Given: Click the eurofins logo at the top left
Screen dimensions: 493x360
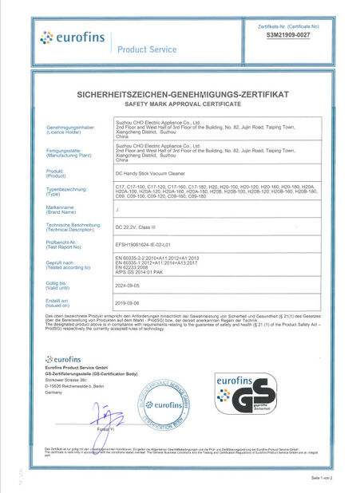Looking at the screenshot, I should (x=70, y=38).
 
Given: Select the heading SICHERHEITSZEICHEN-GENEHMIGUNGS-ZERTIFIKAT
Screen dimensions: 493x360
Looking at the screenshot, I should (x=180, y=95).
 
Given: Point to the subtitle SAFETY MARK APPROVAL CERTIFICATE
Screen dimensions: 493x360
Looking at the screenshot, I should (x=180, y=105).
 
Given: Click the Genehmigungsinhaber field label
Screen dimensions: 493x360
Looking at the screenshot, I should (x=71, y=127).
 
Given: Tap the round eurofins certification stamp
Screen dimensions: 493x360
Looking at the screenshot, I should (x=169, y=404).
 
